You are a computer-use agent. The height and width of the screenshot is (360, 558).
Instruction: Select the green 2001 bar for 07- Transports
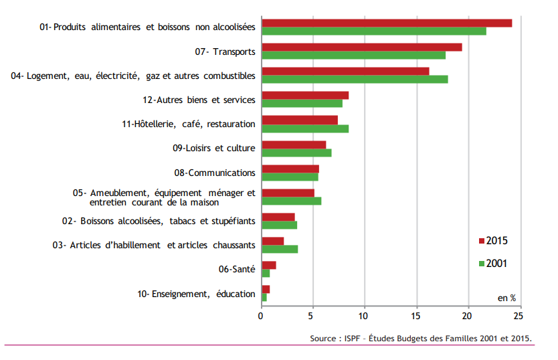pyautogui.click(x=353, y=55)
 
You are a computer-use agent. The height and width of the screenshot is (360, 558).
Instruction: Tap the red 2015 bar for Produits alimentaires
pyautogui.click(x=387, y=23)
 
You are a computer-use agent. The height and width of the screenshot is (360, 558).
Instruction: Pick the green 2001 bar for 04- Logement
pyautogui.click(x=355, y=79)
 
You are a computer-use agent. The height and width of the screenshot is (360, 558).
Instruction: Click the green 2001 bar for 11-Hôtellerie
pyautogui.click(x=304, y=128)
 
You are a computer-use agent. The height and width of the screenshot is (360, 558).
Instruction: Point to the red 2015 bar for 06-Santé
pyautogui.click(x=268, y=265)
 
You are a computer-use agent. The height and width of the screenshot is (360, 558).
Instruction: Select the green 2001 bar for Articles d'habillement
pyautogui.click(x=280, y=249)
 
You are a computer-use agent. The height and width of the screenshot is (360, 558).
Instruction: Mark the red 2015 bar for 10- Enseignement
pyautogui.click(x=265, y=289)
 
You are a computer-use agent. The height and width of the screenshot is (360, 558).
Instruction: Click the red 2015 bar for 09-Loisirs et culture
pyautogui.click(x=294, y=145)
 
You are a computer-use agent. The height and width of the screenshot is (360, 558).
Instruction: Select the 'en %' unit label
pyautogui.click(x=506, y=297)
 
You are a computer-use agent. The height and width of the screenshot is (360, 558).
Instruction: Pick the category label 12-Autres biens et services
pyautogui.click(x=199, y=100)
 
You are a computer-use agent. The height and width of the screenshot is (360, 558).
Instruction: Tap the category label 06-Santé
pyautogui.click(x=237, y=269)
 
